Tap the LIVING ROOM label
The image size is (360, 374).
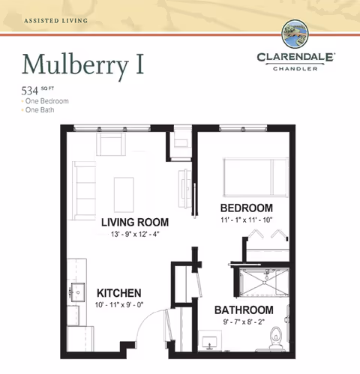pos(134,223)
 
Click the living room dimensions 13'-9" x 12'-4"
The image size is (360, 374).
pos(134,234)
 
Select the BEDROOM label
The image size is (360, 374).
pos(246,208)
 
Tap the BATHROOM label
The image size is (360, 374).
pos(244,310)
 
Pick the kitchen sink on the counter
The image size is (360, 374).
pos(76,290)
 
